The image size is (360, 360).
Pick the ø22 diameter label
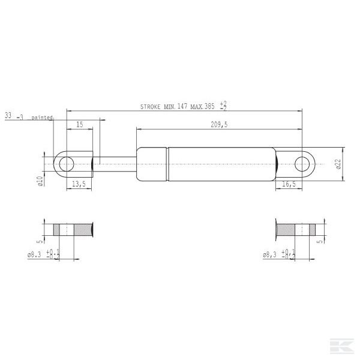click(x=338, y=164)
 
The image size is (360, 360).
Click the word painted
click(x=42, y=118)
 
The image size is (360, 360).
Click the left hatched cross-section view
click(x=74, y=229)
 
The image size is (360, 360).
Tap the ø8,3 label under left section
click(x=35, y=254)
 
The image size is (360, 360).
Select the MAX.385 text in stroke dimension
click(x=202, y=106)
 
